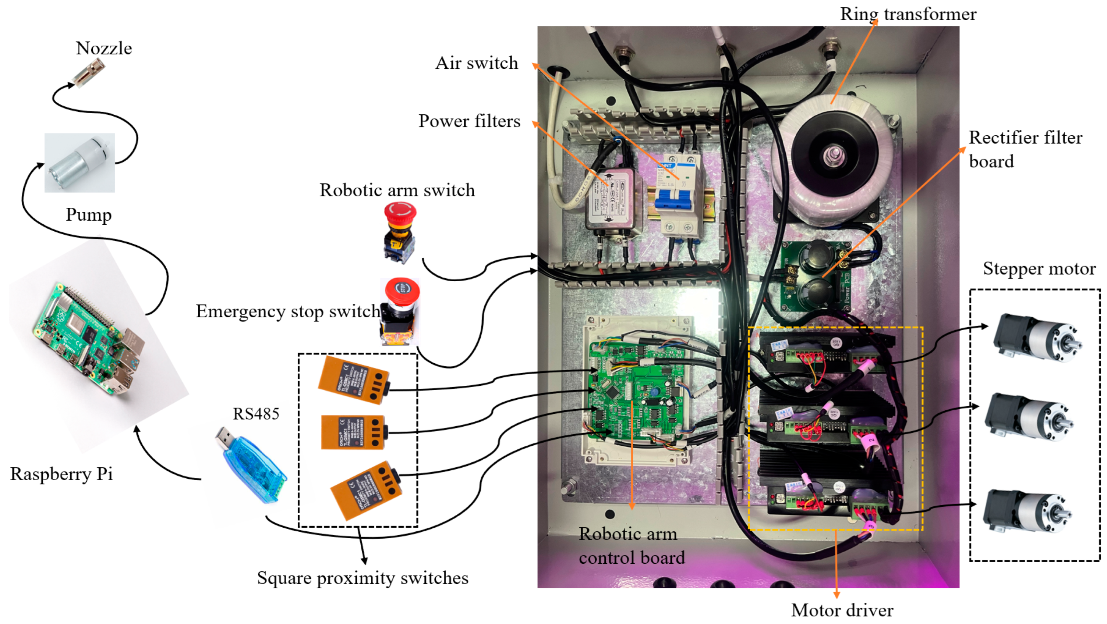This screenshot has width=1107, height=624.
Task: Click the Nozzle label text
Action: tap(103, 48)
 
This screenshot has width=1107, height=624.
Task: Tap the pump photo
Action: tap(80, 163)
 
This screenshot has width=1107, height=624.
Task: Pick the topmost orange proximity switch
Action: tap(353, 379)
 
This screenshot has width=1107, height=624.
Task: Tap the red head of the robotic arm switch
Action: tap(400, 213)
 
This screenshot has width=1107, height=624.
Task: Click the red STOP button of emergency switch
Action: tap(402, 289)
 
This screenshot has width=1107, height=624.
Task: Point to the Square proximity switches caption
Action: tap(362, 578)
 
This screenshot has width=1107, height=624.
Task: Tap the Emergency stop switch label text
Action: tap(287, 311)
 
